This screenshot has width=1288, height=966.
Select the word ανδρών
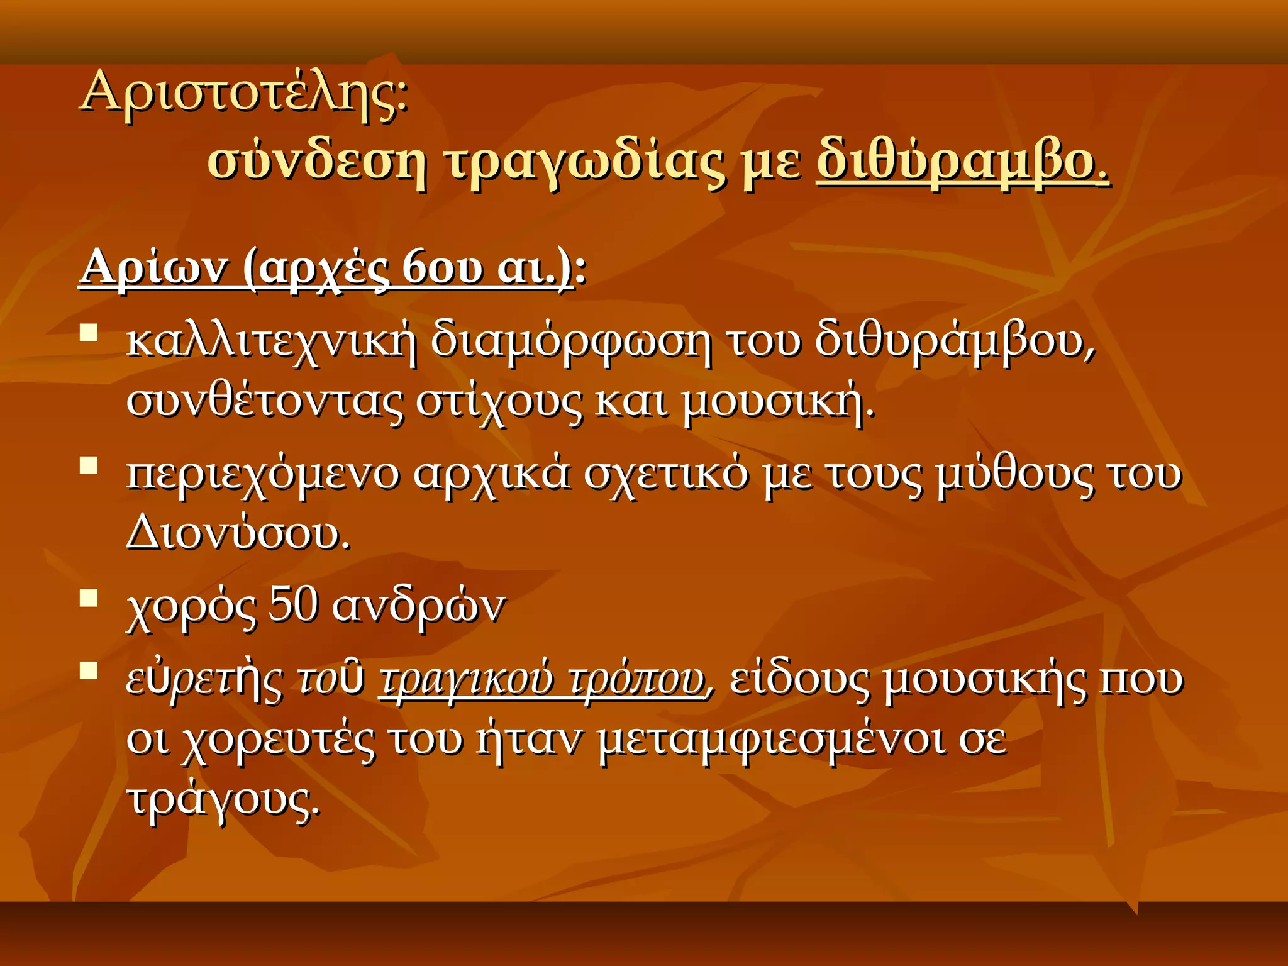tap(418, 607)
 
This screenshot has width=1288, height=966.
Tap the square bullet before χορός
tap(89, 597)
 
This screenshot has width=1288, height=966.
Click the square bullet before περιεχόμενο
tap(89, 466)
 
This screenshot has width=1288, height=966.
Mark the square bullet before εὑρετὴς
tap(89, 671)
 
